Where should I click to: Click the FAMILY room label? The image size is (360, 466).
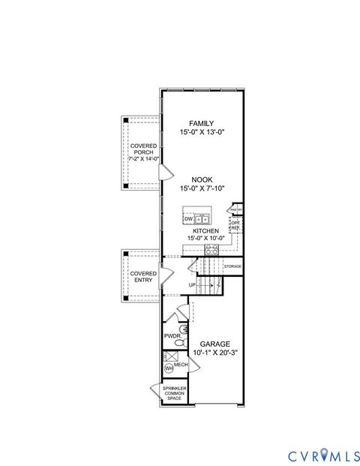click(x=201, y=123)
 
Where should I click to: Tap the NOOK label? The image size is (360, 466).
click(x=201, y=179)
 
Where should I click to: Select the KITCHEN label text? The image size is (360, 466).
click(x=205, y=231)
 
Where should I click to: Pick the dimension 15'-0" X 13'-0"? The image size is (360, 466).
click(x=201, y=132)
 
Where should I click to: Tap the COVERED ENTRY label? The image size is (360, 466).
click(x=143, y=277)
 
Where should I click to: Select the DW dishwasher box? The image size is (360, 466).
click(x=188, y=218)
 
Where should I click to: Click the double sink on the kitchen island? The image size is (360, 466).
click(x=202, y=218)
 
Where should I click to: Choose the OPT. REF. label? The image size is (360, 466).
click(x=235, y=224)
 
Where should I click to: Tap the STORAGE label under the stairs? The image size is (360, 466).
click(x=232, y=266)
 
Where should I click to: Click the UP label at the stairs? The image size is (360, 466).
click(x=193, y=285)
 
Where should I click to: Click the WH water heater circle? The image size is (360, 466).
click(x=169, y=368)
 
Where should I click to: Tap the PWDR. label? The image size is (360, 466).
click(x=171, y=336)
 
